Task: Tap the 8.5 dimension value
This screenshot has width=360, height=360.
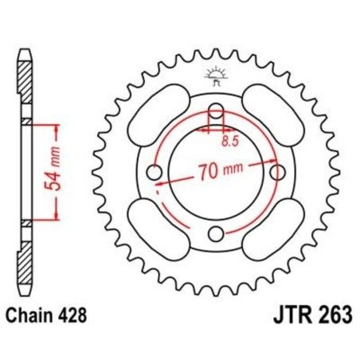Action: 230,140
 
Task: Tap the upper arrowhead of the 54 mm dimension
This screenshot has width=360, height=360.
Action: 55,127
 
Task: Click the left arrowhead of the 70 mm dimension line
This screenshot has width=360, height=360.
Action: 160,182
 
